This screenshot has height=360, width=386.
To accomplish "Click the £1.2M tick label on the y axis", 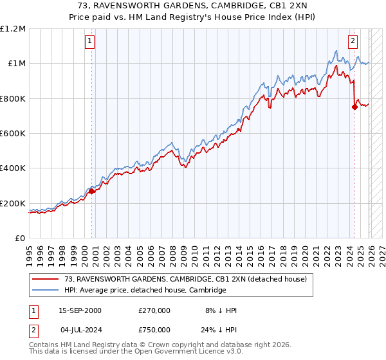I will pos(13,29).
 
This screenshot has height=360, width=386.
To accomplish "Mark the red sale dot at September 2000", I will pos(91,191).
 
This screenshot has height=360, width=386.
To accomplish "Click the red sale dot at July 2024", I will pos(354,107).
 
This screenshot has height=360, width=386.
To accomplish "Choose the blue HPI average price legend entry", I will pos(145,290).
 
